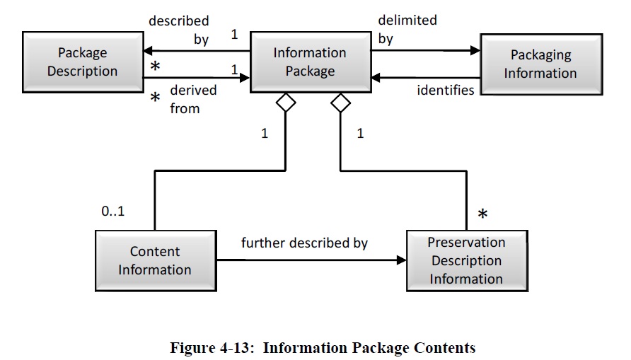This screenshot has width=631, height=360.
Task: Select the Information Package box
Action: coord(310,62)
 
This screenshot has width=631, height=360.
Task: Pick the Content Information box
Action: coord(155,260)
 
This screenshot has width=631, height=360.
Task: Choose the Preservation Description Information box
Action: coord(466,260)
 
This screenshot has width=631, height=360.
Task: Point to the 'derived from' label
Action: coord(192,100)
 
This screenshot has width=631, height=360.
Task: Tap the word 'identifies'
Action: coord(445,90)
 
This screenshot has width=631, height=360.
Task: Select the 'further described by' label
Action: coord(304,243)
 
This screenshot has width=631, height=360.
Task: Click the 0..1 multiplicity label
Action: coord(112,210)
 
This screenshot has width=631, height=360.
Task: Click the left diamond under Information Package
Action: coord(285,103)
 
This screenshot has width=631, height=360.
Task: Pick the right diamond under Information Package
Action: coord(341,103)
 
